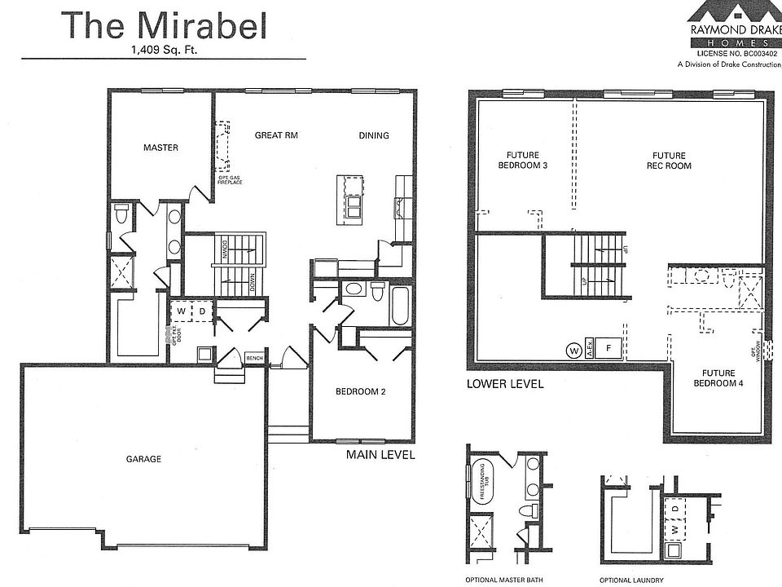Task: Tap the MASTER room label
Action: pyautogui.click(x=160, y=148)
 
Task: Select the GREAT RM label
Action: pyautogui.click(x=275, y=135)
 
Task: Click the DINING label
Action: pyautogui.click(x=374, y=135)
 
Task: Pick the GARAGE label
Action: pyautogui.click(x=143, y=459)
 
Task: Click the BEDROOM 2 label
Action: pyautogui.click(x=360, y=392)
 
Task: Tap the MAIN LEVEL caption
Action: pyautogui.click(x=380, y=455)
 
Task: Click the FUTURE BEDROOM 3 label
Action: pyautogui.click(x=522, y=161)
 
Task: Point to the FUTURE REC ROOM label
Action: pyautogui.click(x=669, y=161)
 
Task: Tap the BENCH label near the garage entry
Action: pyautogui.click(x=254, y=358)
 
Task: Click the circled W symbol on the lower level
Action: pyautogui.click(x=574, y=350)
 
